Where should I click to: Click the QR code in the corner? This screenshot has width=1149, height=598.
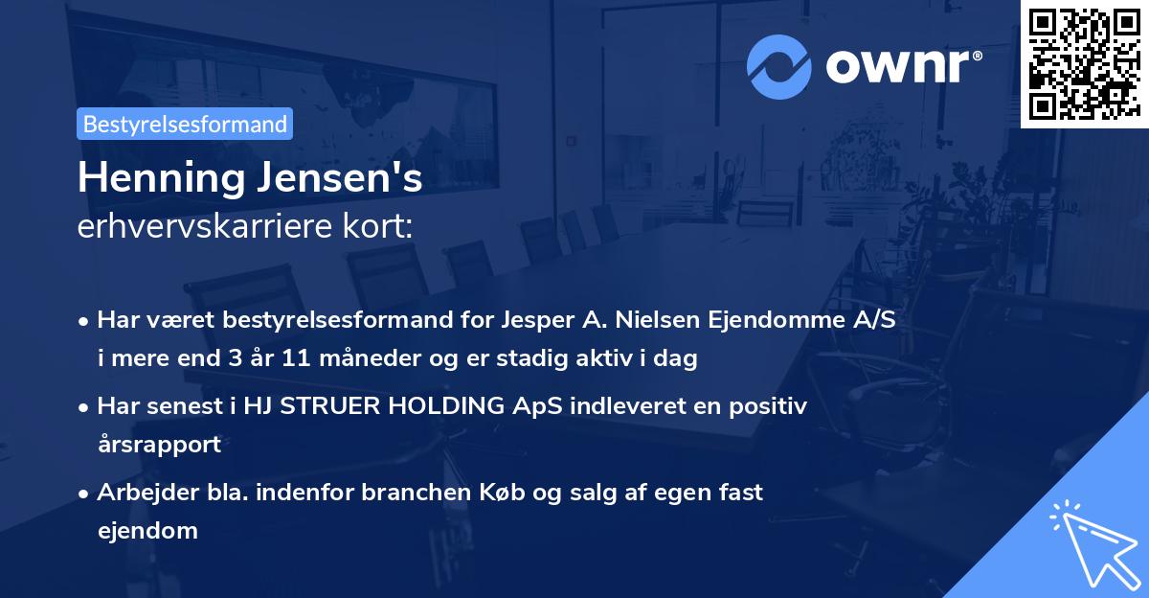tap(1084, 63)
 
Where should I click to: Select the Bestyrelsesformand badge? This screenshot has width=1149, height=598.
tap(185, 124)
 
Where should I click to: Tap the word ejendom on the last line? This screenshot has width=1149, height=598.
tap(147, 530)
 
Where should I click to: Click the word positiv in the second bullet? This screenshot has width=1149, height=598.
tap(771, 405)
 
